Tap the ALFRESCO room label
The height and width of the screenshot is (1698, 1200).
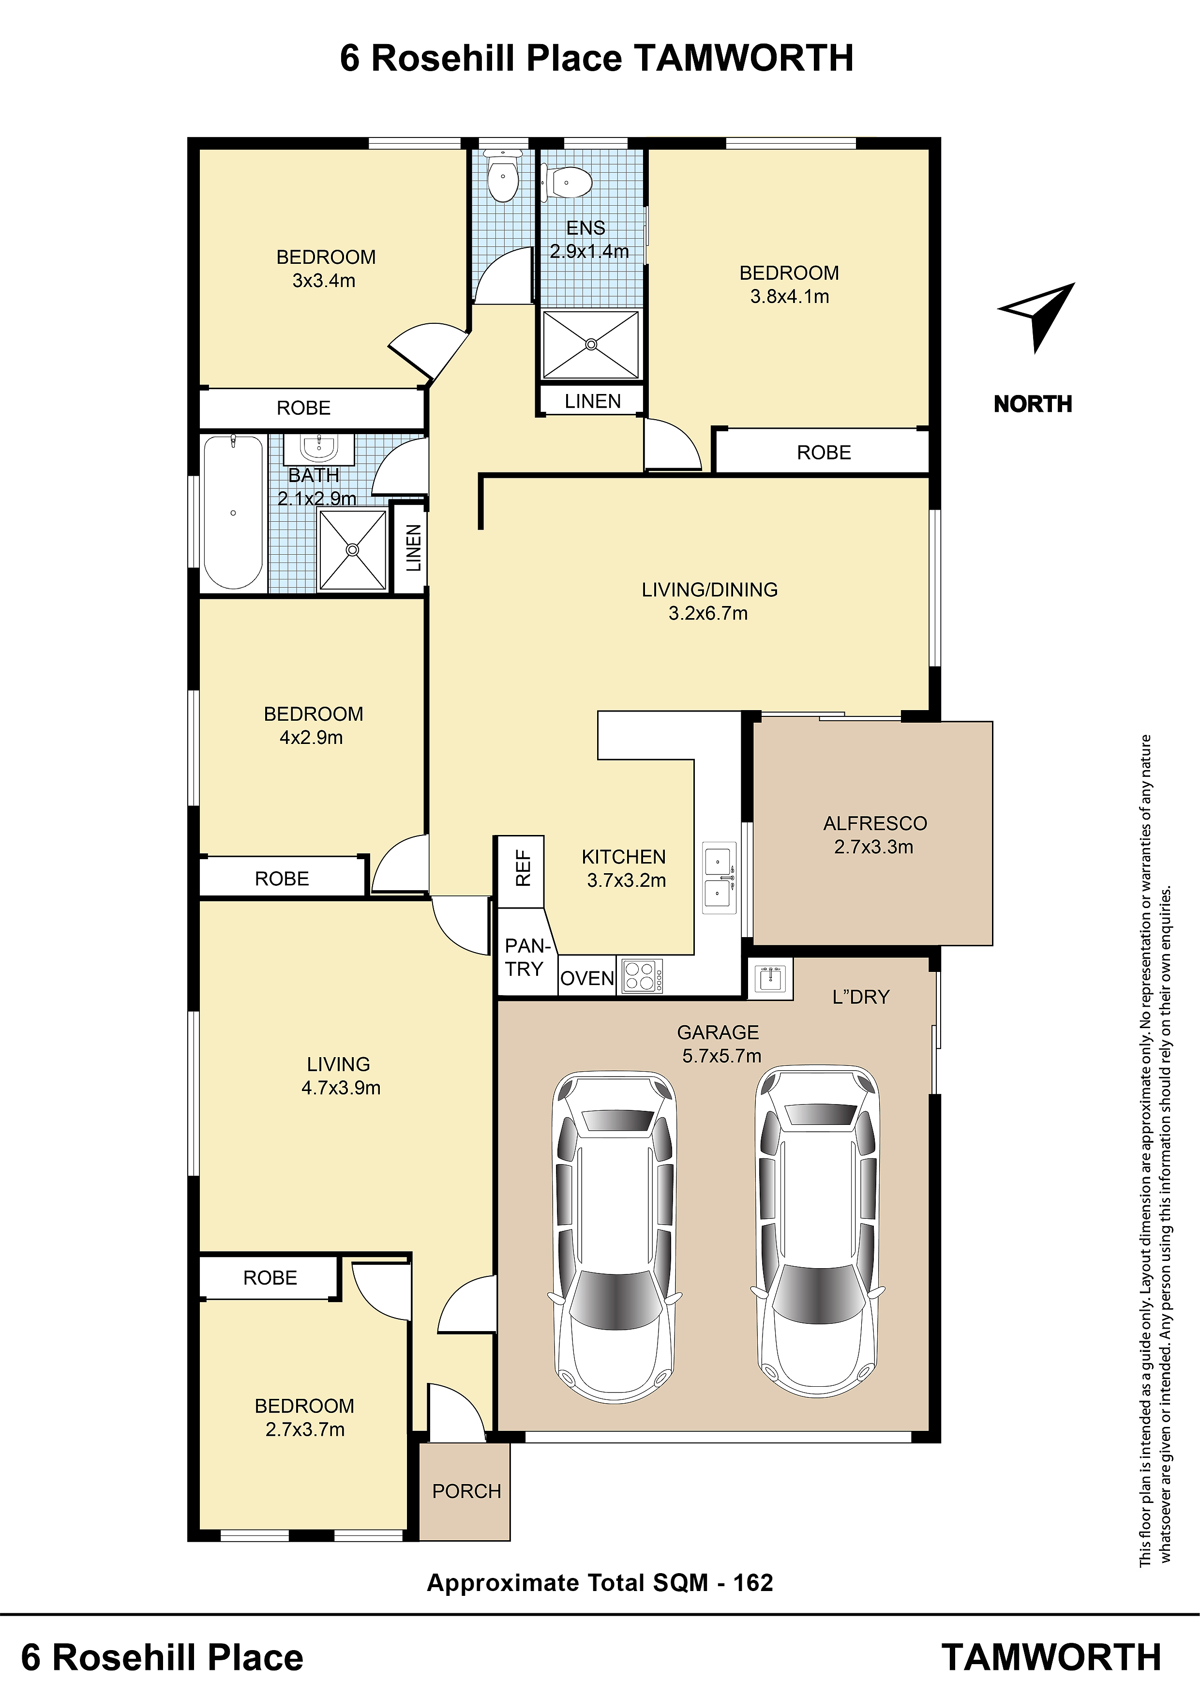point(875,823)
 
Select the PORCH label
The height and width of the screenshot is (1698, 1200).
point(466,1491)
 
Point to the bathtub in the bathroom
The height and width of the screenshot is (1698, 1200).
point(233,512)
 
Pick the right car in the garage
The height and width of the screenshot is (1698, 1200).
point(818,1233)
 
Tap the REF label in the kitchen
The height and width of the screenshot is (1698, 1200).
point(523,868)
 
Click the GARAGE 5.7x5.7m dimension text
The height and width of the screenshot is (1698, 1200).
point(721,1055)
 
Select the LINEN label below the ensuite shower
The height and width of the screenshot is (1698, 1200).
point(592,401)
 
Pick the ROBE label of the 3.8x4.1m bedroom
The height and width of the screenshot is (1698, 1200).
point(824,452)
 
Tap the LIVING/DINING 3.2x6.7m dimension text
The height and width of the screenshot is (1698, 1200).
point(708,613)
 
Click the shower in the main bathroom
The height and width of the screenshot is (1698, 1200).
point(352,549)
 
